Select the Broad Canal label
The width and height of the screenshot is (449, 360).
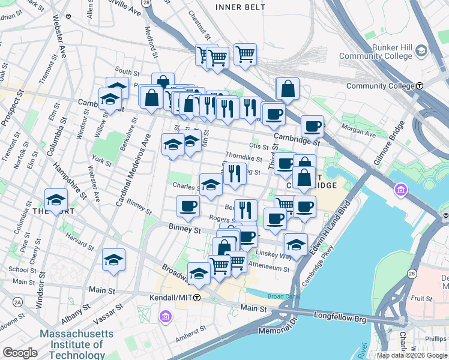coord(282,296)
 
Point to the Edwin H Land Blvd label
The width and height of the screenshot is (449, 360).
coord(325,232)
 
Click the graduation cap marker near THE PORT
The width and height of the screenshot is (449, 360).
coord(56,200)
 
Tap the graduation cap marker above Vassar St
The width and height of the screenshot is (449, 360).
coord(113,260)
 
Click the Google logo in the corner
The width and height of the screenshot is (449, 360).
coord(20,353)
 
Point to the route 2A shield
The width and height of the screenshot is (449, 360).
coord(18,301)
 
